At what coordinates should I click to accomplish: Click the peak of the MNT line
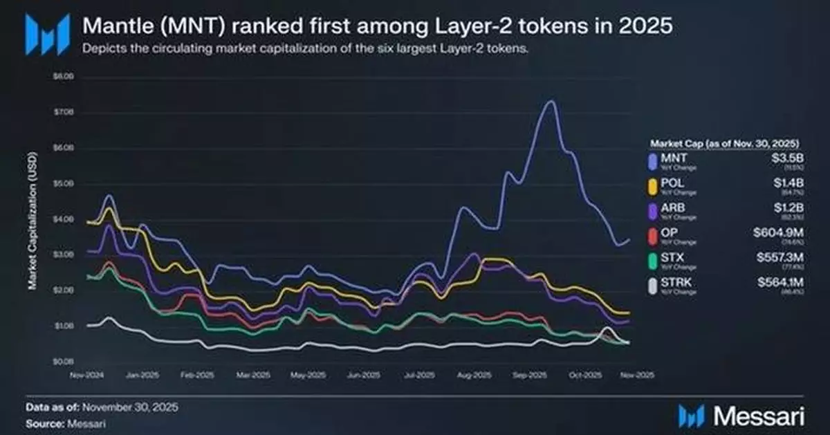(551, 102)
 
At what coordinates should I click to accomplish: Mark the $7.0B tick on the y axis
(63, 112)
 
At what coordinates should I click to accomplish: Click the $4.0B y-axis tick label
(63, 219)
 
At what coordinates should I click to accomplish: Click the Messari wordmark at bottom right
(758, 415)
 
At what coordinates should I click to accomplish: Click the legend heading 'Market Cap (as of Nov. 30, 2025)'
(725, 143)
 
